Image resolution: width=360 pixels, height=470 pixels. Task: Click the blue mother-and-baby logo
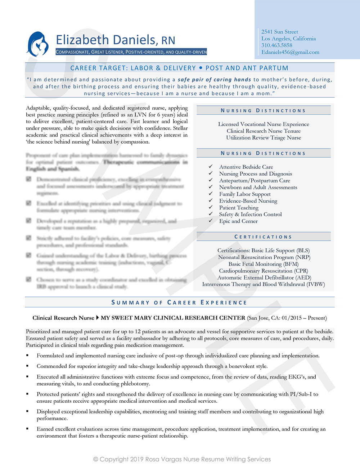point(37,44)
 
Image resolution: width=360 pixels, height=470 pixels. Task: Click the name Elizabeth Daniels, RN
point(115,40)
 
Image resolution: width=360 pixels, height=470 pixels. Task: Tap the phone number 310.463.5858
point(276,45)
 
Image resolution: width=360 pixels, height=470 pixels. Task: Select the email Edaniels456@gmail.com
point(290,52)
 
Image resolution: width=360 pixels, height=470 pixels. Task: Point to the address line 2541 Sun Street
point(279,32)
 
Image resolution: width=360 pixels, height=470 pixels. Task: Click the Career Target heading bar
point(179,68)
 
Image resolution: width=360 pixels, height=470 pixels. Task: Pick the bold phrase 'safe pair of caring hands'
point(214,80)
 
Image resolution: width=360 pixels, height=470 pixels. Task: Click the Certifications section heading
point(263,237)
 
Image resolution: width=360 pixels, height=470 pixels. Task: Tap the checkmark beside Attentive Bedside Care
point(211,167)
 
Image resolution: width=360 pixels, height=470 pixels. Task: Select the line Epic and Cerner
point(238,221)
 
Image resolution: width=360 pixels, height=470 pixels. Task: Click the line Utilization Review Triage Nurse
point(264,138)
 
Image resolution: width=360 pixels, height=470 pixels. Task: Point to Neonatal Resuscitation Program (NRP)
point(264,257)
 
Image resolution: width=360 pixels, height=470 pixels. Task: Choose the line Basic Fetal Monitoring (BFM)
point(264,264)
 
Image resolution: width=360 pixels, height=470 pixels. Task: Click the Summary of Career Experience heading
point(179,302)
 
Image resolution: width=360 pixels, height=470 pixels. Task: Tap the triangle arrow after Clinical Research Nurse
point(97,318)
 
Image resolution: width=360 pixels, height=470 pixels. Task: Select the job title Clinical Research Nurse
point(63,318)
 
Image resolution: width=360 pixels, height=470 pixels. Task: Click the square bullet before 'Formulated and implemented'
point(27,356)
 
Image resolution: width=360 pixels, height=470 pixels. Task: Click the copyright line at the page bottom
point(182,459)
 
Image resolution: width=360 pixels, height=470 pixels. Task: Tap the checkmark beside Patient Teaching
point(211,207)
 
